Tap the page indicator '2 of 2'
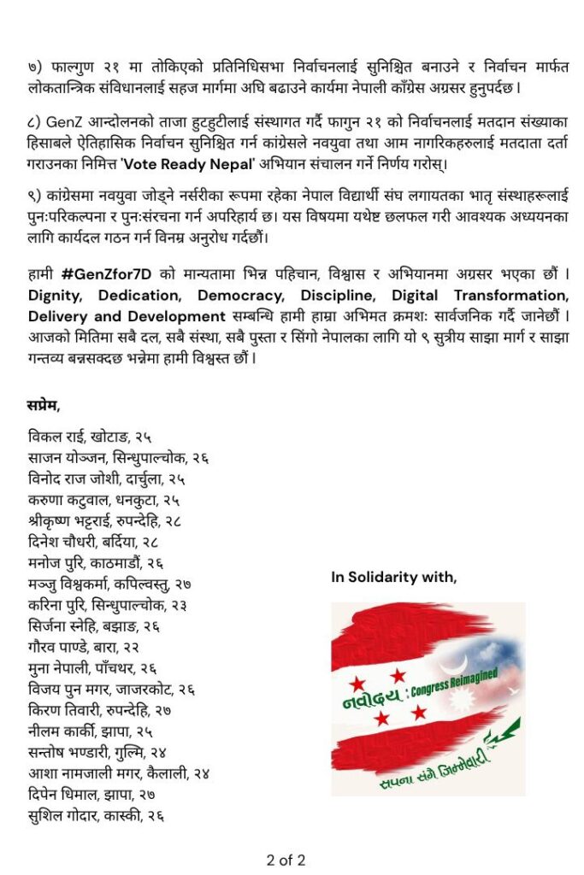pyautogui.click(x=286, y=860)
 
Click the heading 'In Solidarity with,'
pyautogui.click(x=394, y=578)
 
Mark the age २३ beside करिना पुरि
pyautogui.click(x=179, y=605)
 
